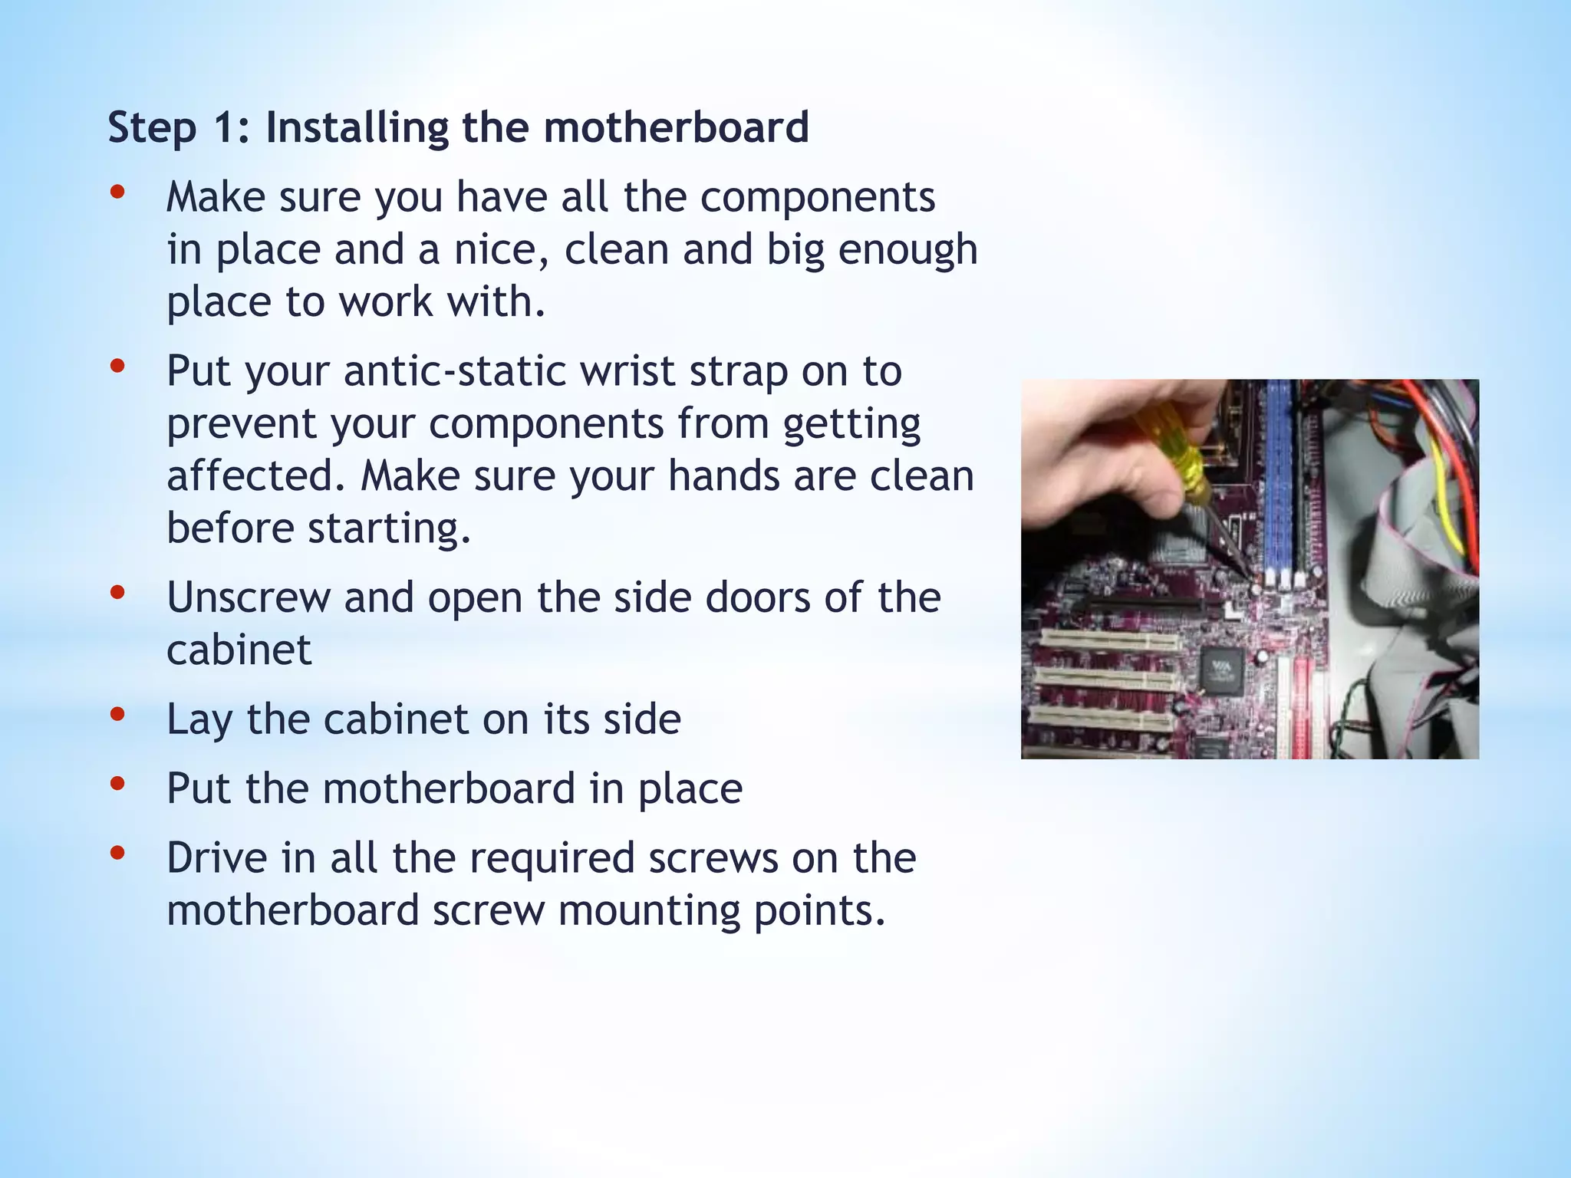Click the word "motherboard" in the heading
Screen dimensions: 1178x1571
pos(676,127)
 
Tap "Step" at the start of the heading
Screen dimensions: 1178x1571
pos(152,129)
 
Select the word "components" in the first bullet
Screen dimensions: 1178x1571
pos(818,198)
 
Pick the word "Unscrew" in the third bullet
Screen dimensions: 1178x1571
pos(248,598)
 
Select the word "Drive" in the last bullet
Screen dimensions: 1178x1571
pos(216,858)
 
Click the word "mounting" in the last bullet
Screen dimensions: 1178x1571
pos(648,911)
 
